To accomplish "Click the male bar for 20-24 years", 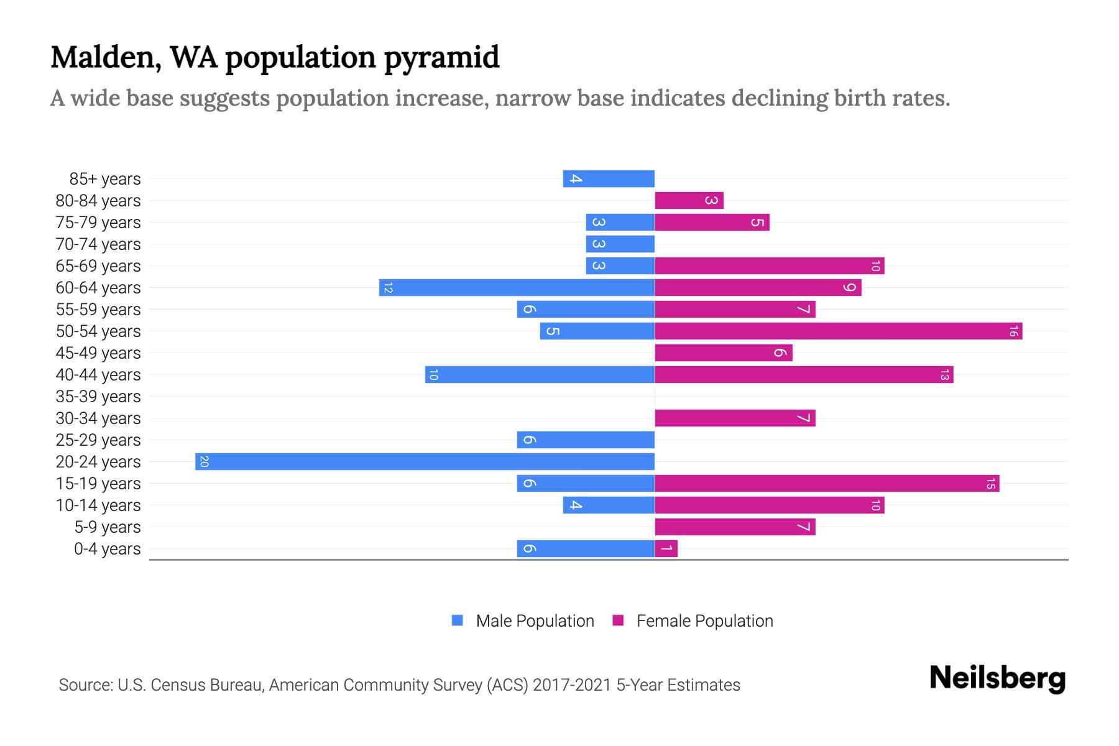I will pyautogui.click(x=425, y=461).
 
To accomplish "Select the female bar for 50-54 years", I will pyautogui.click(x=838, y=331).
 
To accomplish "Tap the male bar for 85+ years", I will pyautogui.click(x=609, y=178).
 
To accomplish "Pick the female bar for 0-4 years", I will pyautogui.click(x=666, y=548).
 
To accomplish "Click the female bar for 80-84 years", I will pyautogui.click(x=689, y=200).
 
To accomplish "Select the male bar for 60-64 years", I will pyautogui.click(x=517, y=287).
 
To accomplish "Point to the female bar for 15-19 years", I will pyautogui.click(x=827, y=483).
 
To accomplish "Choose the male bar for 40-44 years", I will pyautogui.click(x=540, y=374).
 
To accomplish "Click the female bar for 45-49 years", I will pyautogui.click(x=723, y=352).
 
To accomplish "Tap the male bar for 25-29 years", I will pyautogui.click(x=586, y=440).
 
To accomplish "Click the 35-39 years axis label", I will pyautogui.click(x=98, y=397).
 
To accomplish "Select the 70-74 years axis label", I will pyautogui.click(x=98, y=244).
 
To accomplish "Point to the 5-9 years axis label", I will pyautogui.click(x=108, y=527).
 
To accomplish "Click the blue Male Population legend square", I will pyautogui.click(x=458, y=620).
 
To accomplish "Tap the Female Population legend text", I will pyautogui.click(x=704, y=621).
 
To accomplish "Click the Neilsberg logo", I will pyautogui.click(x=997, y=678).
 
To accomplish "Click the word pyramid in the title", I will pyautogui.click(x=441, y=57).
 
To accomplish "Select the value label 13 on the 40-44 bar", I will pyautogui.click(x=944, y=374).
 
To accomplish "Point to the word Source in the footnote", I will pyautogui.click(x=85, y=685).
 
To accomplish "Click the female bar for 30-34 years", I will pyautogui.click(x=735, y=418).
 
